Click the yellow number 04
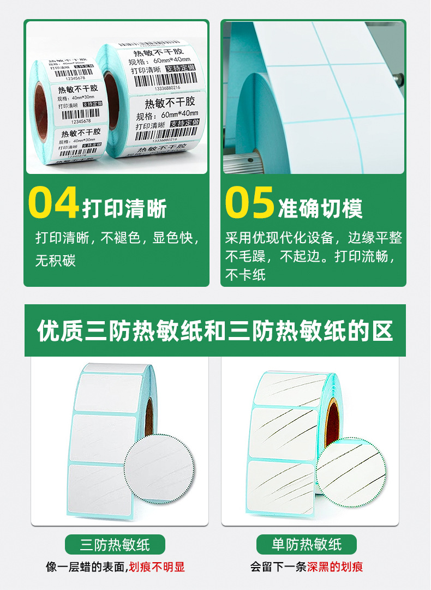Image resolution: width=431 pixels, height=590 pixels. click(x=53, y=203)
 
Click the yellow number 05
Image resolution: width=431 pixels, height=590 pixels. click(x=249, y=203)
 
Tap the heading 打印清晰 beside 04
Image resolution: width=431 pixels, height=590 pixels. click(x=125, y=208)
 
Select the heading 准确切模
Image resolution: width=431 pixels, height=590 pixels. click(x=320, y=208)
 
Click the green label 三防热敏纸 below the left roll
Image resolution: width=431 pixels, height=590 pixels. click(x=115, y=544)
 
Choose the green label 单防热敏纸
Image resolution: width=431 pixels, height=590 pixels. click(x=307, y=544)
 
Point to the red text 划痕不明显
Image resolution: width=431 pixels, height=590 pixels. click(x=157, y=567)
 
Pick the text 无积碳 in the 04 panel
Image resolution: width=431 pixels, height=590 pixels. click(x=56, y=261)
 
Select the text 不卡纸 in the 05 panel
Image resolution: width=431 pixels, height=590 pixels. click(x=246, y=274)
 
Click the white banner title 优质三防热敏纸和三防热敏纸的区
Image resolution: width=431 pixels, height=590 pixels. click(x=215, y=331)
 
